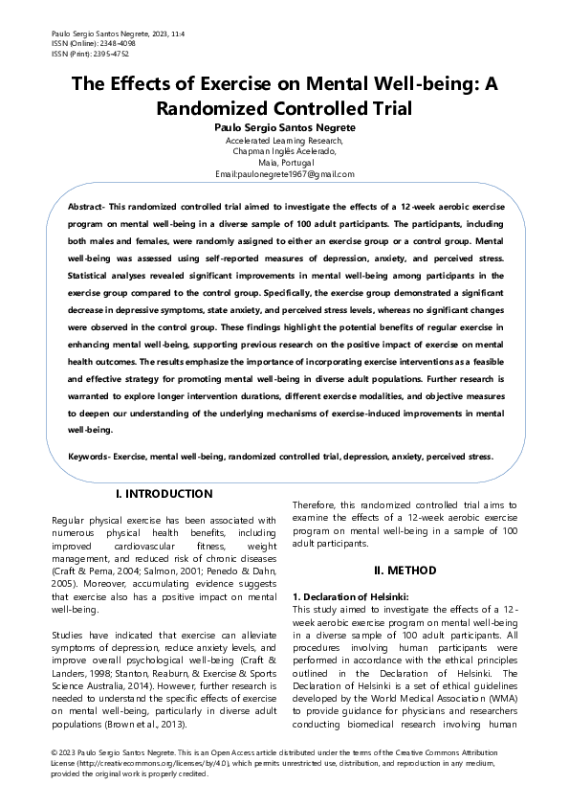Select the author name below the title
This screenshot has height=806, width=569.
[284, 126]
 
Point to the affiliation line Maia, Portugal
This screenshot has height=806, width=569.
[284, 162]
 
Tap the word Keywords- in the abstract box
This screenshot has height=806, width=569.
[88, 457]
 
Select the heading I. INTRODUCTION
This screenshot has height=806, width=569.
[164, 494]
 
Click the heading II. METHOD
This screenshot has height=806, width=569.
[405, 571]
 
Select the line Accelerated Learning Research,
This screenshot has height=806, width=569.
[284, 140]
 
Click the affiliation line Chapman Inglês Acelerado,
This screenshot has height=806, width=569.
[284, 151]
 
